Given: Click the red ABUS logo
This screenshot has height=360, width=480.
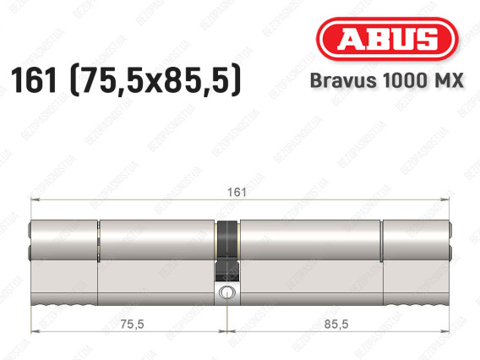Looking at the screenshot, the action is coord(387,39).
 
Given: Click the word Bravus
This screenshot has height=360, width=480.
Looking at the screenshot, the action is coord(343,80).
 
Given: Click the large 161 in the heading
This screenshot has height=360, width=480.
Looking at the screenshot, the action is coord(34,80).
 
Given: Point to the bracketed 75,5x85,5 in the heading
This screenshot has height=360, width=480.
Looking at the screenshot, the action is coord(155,80).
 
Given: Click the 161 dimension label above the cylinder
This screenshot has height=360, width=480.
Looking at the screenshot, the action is coord(237,192).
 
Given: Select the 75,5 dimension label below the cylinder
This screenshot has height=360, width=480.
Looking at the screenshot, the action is coord(132,324).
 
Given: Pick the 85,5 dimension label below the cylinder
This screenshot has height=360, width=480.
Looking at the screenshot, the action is coord(336,324).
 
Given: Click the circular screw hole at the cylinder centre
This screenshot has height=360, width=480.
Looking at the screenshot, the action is coord(226,292).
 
